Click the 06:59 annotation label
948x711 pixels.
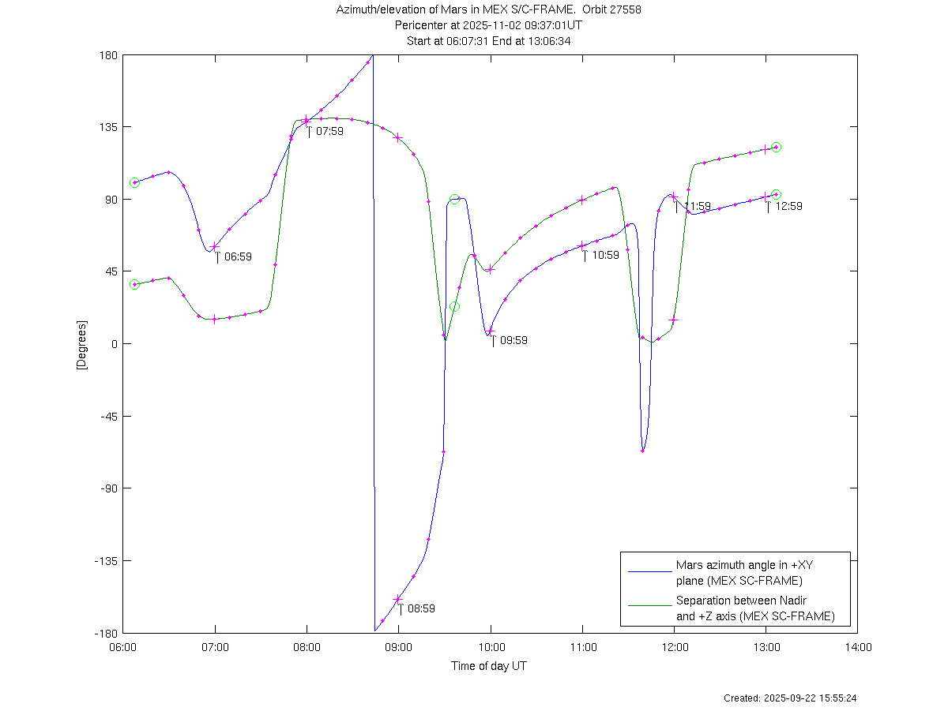[x=238, y=256]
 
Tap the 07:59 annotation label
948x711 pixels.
[x=329, y=131]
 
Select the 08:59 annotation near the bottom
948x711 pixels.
[x=421, y=608]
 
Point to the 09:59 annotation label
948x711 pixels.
[x=513, y=340]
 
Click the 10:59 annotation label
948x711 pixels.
[x=605, y=255]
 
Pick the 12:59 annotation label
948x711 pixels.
[x=788, y=206]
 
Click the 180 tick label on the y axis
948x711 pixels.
[x=108, y=55]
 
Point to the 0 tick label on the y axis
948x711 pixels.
[x=114, y=344]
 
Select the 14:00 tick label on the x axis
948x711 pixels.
[x=858, y=647]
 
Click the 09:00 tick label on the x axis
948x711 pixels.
[x=399, y=647]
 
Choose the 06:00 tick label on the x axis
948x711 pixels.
[x=123, y=647]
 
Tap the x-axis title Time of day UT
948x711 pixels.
[x=489, y=666]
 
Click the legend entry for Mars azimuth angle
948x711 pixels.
[x=738, y=573]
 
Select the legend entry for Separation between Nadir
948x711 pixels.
[x=754, y=608]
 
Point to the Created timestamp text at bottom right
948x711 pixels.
[x=790, y=698]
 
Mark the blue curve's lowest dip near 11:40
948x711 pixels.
[x=643, y=451]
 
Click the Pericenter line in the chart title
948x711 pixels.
[x=488, y=25]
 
